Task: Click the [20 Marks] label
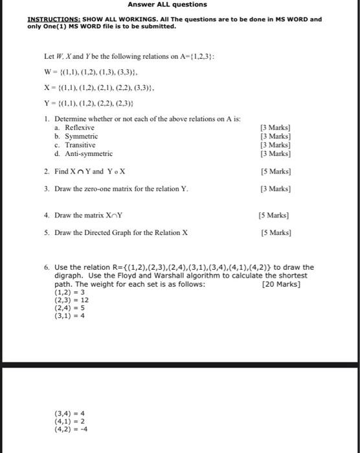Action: point(281,284)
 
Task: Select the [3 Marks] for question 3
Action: point(275,189)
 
